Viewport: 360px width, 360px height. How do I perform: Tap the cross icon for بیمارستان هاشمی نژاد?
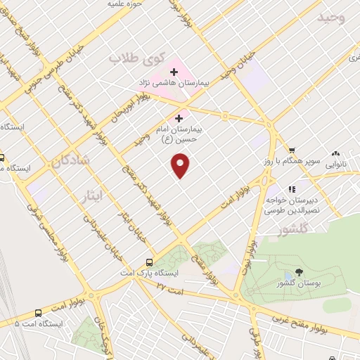(x=174, y=72)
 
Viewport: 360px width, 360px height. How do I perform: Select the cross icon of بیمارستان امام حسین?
(x=180, y=118)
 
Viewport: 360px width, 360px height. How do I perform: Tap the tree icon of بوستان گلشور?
(x=300, y=272)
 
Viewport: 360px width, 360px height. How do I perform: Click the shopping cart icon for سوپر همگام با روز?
(x=292, y=150)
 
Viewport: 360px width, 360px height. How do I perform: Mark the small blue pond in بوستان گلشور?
(x=288, y=276)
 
